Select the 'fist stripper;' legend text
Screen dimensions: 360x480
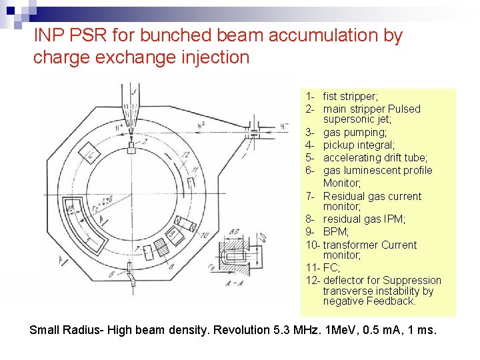click(350, 97)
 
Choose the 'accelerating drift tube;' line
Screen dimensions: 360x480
click(375, 158)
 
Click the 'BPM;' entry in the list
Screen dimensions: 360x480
click(336, 232)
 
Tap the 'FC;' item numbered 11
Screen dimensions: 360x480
click(331, 268)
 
